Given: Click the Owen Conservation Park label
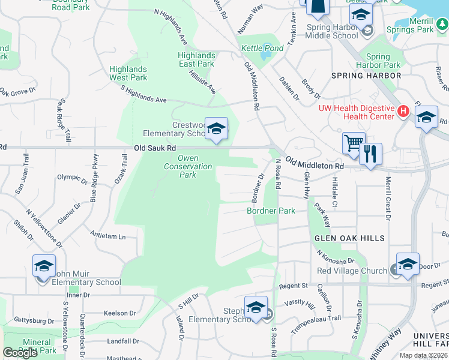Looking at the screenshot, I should coord(188,166).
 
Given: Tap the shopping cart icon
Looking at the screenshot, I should coord(354,143).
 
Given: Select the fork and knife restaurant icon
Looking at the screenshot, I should coord(370,154).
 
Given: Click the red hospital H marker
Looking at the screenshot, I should coord(403,111).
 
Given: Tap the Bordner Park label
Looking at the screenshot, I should coord(271,211).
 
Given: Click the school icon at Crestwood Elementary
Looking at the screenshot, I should coord(216,128).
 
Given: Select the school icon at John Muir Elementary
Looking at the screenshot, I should coord(44,265).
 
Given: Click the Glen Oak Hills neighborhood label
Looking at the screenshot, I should coord(349,238).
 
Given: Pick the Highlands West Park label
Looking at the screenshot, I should coord(128,73).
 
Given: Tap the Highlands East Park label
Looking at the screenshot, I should coord(196,59).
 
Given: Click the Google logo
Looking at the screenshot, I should coord(20,353).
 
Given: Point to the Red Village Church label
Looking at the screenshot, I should coord(352,271).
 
